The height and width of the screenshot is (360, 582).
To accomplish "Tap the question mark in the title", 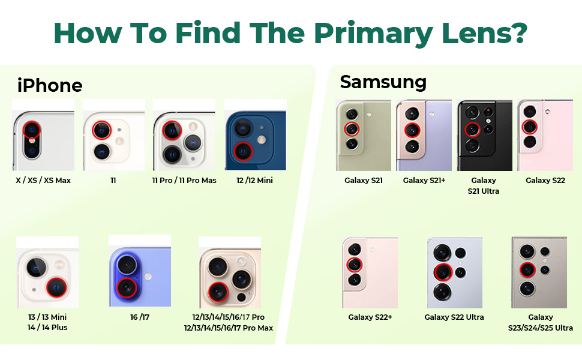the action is pos(518,32).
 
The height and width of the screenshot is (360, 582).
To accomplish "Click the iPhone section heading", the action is pos(50,85).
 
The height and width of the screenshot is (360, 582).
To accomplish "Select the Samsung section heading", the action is pos(383,82).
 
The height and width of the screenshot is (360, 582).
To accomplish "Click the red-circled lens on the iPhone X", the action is pos(32,130).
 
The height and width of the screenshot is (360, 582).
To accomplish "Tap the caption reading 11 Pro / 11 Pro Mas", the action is pos(184,181).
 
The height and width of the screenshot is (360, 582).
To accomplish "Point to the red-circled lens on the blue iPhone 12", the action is pos(243,151).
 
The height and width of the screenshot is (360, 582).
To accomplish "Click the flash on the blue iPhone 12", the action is pos(262,140).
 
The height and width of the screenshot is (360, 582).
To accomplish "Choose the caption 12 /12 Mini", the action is pos(254,181).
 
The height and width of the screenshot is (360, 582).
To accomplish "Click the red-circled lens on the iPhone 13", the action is pos(57,287).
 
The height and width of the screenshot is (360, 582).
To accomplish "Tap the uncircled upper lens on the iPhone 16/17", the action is pos(127,265).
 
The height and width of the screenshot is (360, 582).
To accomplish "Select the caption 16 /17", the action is pos(140,317).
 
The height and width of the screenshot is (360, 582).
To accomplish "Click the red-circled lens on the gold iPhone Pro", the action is pos(218,292).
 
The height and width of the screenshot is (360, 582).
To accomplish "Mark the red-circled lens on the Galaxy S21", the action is pos(352,129).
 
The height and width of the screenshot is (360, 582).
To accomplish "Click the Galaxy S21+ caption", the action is pos(424,181).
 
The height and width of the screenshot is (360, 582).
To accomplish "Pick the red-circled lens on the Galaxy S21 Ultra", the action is pos(473,130).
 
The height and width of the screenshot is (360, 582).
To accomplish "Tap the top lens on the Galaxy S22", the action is pos(530,112).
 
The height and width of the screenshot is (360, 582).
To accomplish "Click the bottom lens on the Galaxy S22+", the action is pos(355,280).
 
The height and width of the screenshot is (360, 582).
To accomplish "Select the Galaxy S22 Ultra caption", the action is pos(454,317).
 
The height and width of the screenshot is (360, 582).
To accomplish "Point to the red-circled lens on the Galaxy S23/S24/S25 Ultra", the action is pos(527,270).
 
